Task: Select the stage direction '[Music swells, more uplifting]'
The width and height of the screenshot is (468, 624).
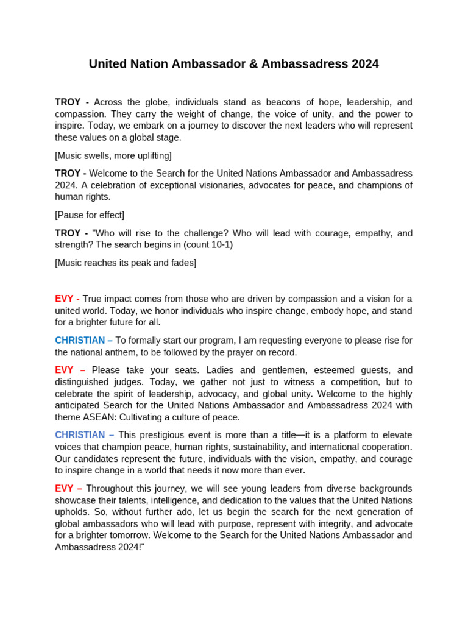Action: pyautogui.click(x=113, y=155)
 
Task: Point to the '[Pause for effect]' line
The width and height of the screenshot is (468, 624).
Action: pyautogui.click(x=90, y=215)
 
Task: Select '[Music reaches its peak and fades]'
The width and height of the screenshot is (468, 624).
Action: pyautogui.click(x=126, y=263)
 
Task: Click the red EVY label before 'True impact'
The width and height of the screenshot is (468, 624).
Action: pyautogui.click(x=64, y=299)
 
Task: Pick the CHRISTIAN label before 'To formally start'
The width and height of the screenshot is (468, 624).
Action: pyautogui.click(x=80, y=340)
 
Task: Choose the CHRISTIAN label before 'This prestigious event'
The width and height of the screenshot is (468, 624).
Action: pyautogui.click(x=80, y=435)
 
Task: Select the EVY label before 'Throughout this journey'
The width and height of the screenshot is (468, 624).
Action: pyautogui.click(x=64, y=489)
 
